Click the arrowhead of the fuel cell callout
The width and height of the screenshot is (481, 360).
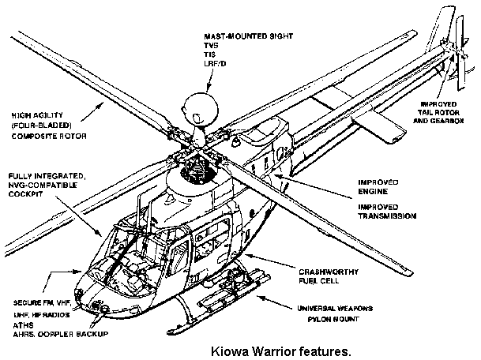pos(247,254)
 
